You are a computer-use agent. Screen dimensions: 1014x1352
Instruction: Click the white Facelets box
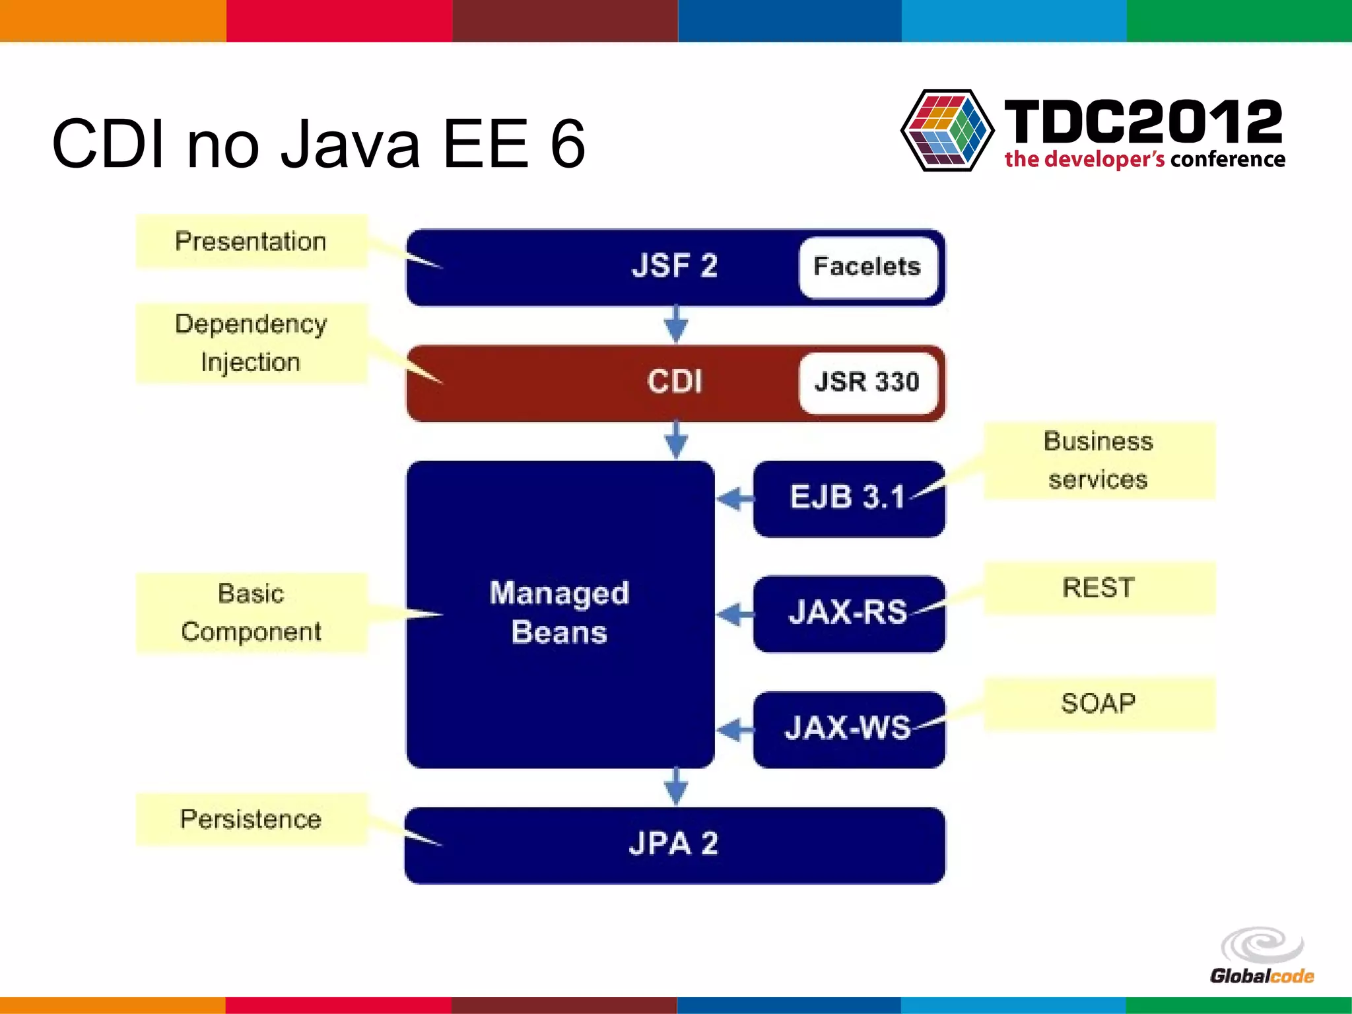click(867, 267)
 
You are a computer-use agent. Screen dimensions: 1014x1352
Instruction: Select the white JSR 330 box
click(867, 382)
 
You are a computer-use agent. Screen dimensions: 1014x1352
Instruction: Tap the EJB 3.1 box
click(848, 498)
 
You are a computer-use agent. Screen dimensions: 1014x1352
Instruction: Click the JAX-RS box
click(848, 613)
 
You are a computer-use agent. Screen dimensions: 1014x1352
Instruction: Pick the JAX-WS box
click(848, 729)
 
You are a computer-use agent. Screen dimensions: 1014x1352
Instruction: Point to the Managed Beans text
click(559, 613)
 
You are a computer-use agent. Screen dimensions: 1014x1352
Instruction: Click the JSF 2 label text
click(674, 266)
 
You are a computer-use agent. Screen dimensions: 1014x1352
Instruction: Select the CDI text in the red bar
click(674, 382)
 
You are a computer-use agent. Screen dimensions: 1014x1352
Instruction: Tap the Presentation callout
click(251, 242)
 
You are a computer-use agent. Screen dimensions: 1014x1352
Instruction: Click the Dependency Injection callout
click(251, 343)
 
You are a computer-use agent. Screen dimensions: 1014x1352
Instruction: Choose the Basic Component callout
click(251, 613)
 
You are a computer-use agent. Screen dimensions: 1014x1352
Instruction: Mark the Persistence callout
click(251, 819)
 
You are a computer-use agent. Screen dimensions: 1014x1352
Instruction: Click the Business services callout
click(1098, 460)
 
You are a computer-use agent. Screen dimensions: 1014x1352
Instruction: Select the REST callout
click(1098, 588)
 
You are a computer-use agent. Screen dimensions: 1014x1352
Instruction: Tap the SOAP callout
click(1098, 704)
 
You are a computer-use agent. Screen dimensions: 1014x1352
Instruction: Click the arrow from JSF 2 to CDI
click(675, 323)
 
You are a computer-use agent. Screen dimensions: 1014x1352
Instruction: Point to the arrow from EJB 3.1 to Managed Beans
click(734, 498)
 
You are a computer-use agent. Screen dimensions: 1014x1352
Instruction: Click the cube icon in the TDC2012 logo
click(947, 131)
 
